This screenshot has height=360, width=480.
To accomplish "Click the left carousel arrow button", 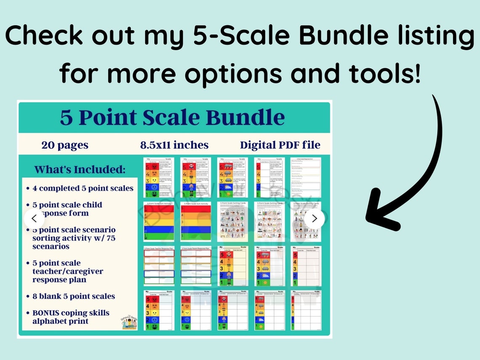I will coord(35,219).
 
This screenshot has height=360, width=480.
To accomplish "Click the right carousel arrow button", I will coord(314,219).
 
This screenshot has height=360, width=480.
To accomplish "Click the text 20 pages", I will coord(65,145).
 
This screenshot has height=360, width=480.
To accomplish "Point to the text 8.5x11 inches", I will coord(174,145).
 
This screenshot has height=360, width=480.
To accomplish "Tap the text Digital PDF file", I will coord(280,145).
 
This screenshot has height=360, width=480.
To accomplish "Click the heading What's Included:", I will coord(80,170).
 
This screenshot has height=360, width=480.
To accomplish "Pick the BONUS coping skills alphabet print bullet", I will coord(71,317).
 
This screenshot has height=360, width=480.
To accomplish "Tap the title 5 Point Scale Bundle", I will coord(172,117).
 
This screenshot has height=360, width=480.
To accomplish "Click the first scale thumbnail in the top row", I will coord(159,177).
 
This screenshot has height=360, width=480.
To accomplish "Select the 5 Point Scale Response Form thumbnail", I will coord(305,177).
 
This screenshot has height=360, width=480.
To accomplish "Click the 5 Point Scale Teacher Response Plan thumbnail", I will coord(159,266).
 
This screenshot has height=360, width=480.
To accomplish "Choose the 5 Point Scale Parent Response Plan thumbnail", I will coord(195,266).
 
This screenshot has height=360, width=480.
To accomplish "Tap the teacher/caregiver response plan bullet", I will coord(67,271).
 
